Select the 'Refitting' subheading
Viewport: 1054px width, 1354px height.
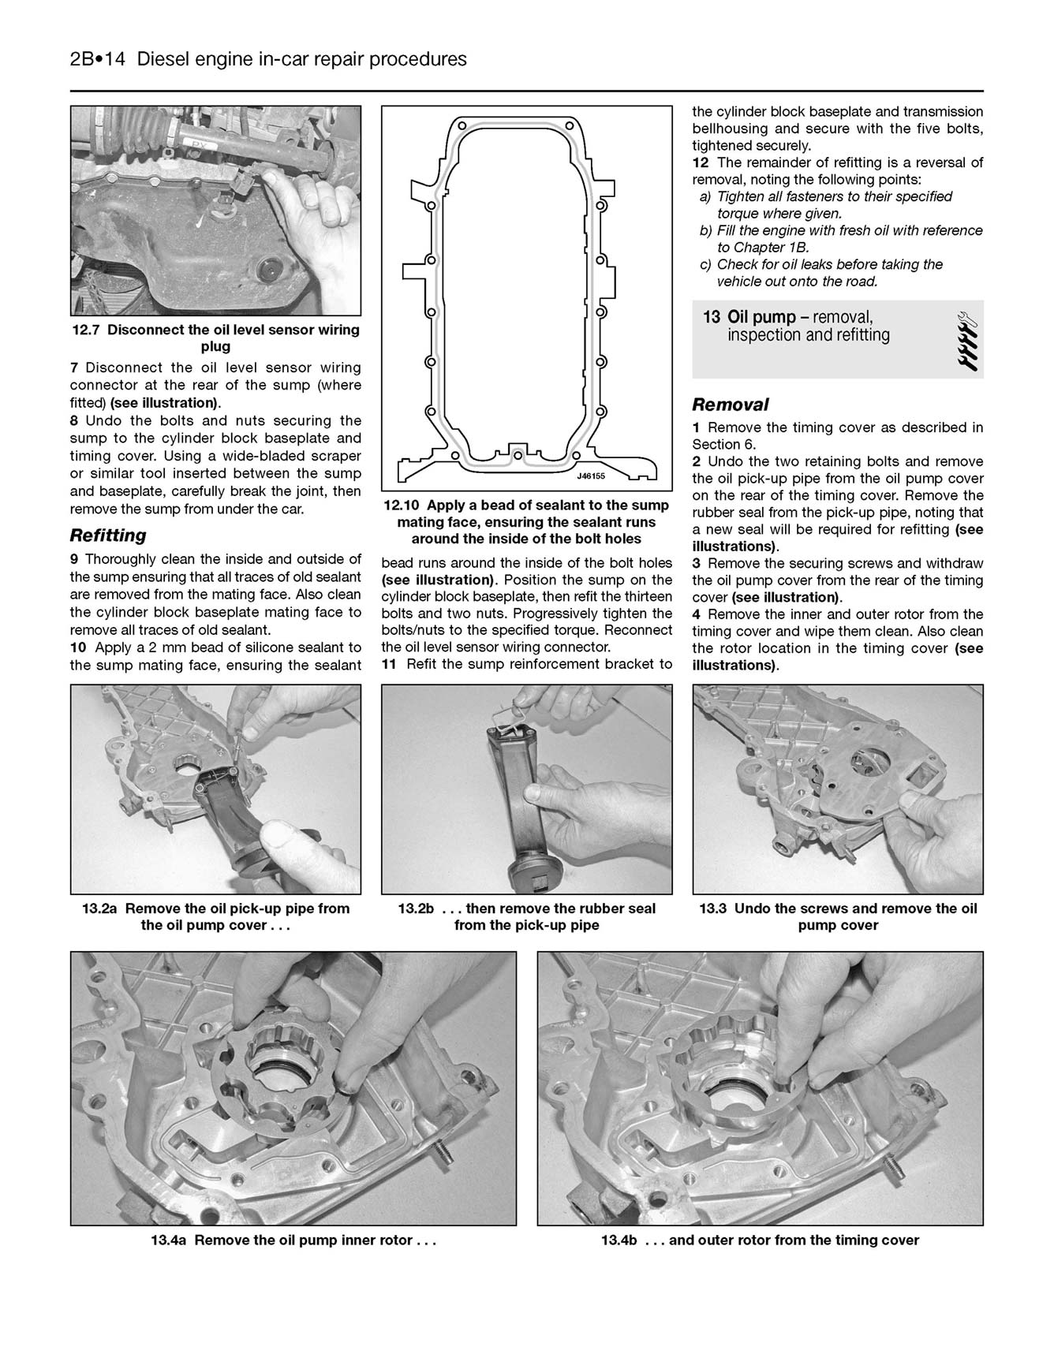click(108, 535)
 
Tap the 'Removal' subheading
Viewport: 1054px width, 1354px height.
click(730, 405)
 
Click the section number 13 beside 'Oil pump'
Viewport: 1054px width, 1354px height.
click(711, 317)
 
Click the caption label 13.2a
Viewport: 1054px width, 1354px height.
click(99, 908)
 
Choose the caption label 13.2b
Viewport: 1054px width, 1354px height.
click(416, 908)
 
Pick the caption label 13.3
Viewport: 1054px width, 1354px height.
click(713, 908)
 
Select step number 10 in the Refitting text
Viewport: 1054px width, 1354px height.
click(80, 647)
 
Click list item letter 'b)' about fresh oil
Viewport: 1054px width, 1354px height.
click(706, 231)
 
